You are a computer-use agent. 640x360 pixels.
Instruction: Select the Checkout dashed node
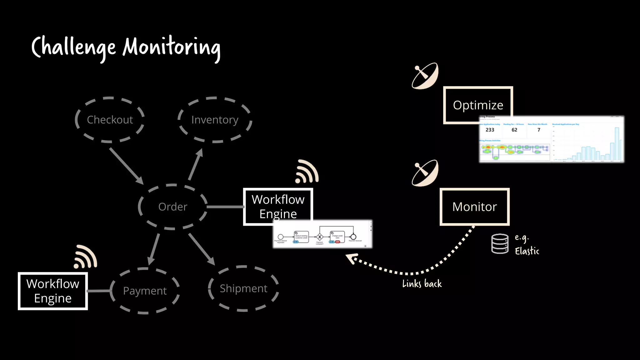(110, 120)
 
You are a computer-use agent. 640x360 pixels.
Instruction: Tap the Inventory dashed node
(215, 120)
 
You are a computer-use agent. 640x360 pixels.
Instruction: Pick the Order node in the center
(172, 207)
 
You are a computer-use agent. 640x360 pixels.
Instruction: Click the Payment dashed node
(145, 291)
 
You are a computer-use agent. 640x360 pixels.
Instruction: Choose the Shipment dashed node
(243, 288)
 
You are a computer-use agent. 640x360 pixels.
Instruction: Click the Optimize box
(478, 105)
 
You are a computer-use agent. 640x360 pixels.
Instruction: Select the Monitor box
(474, 207)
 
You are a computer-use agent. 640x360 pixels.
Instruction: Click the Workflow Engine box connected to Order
(278, 206)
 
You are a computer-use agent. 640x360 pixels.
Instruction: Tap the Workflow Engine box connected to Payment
(53, 291)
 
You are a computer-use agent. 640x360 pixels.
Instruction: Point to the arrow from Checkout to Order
(126, 166)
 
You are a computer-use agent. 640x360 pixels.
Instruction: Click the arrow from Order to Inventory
(196, 164)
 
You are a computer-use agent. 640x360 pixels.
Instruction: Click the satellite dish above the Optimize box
(425, 76)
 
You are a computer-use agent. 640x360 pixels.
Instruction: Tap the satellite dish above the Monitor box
(425, 173)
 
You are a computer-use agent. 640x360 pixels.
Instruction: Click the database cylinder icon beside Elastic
(500, 244)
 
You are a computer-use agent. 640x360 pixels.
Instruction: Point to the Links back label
(422, 284)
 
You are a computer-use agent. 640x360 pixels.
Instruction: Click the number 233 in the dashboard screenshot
(490, 130)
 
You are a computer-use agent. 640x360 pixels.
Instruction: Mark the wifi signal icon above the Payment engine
(86, 257)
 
